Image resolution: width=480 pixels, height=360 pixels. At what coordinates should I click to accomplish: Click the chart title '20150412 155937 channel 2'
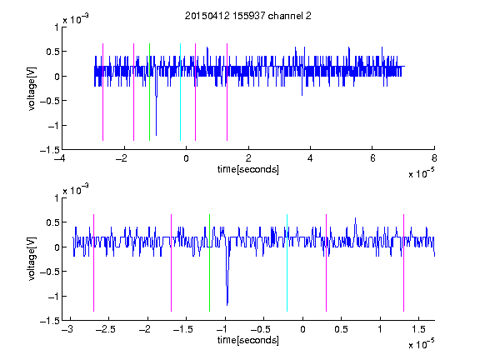point(248,16)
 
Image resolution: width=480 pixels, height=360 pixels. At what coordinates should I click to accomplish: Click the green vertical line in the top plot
point(149,92)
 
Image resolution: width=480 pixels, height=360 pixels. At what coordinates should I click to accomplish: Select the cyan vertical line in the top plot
point(180,92)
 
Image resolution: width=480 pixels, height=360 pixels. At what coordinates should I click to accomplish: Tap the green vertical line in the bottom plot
point(209,262)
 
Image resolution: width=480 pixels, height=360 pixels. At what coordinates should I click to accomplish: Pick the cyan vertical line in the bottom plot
point(287,262)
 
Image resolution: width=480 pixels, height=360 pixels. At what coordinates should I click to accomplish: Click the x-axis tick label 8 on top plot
point(434,158)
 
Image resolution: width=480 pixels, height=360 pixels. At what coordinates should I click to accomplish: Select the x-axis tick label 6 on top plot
point(372,158)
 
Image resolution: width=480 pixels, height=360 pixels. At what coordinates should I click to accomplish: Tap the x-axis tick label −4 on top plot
point(59,158)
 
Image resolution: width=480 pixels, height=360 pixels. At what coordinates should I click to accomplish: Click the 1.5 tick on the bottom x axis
point(418,329)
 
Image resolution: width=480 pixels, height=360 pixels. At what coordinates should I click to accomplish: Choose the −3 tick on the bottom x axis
point(67,329)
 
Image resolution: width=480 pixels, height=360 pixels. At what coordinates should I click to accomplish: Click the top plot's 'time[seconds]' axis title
point(248,169)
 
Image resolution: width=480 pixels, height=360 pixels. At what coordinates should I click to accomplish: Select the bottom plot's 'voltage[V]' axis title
point(32,259)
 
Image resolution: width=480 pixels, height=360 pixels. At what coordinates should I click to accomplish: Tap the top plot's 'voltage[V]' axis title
point(32,88)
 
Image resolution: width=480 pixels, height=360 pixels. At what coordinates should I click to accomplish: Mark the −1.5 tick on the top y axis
point(50,150)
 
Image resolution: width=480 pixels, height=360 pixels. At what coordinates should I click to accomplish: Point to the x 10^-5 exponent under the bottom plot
point(421,344)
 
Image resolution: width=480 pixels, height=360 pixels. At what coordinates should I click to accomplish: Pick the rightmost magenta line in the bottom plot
point(403,262)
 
